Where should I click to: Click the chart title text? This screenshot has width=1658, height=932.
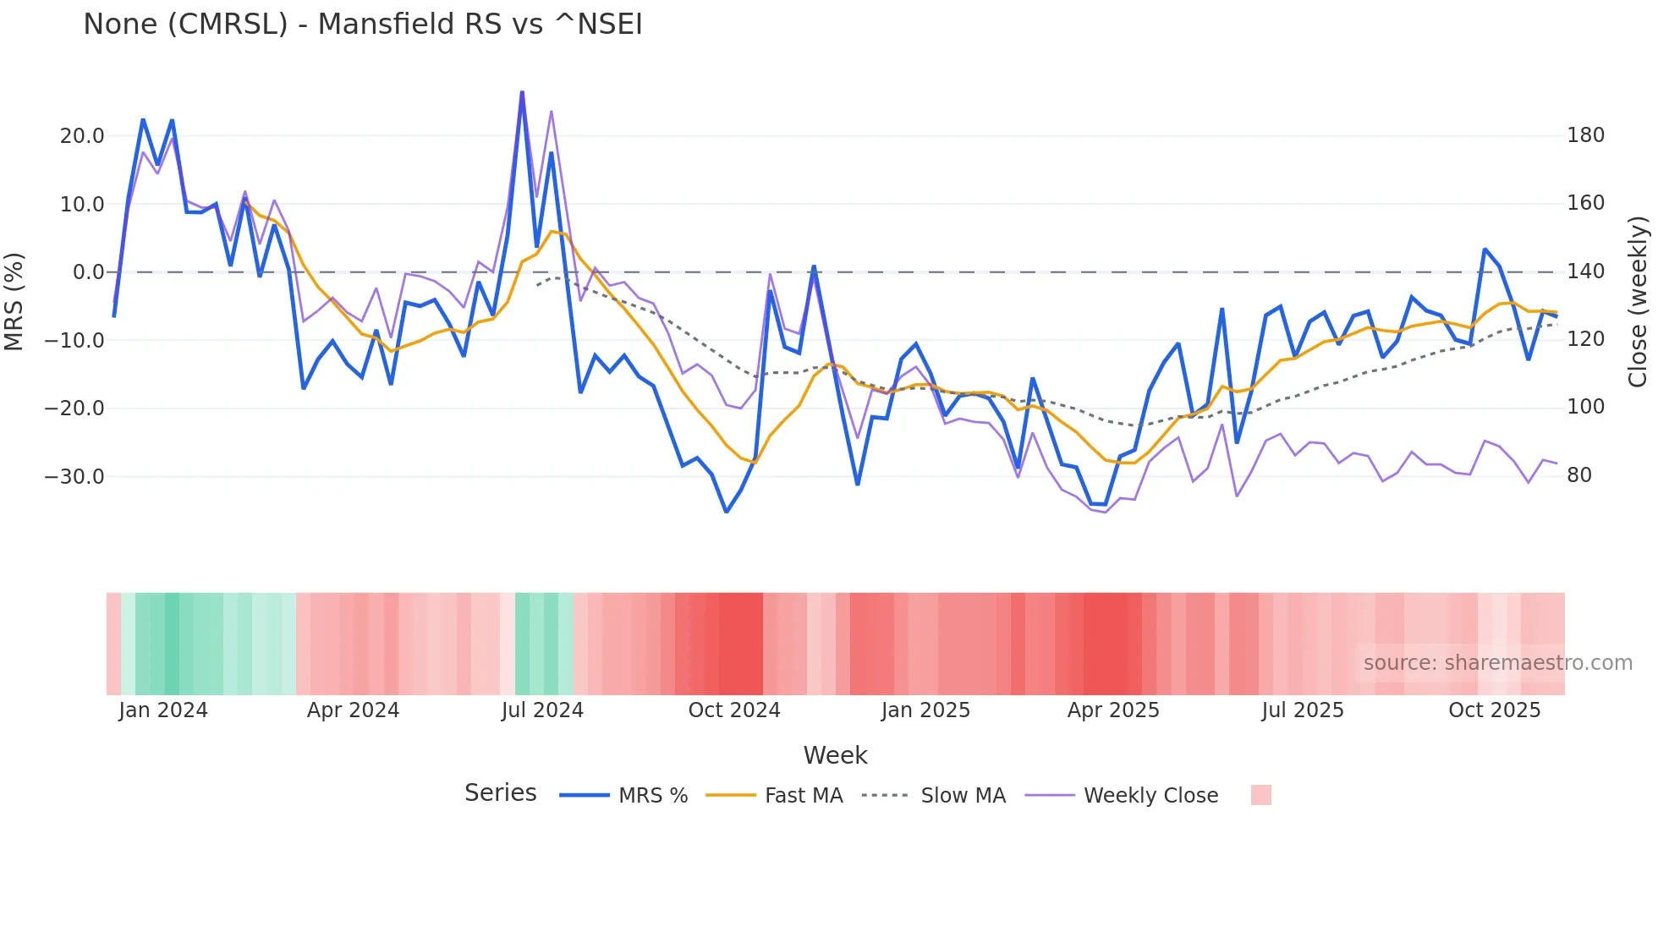363,25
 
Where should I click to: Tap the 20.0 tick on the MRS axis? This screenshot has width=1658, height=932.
82,136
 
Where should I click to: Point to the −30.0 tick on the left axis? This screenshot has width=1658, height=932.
74,477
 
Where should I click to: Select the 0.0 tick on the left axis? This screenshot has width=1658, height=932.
88,272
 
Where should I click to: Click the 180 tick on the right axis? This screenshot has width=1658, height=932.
1585,135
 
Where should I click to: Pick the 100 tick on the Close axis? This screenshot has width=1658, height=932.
1585,407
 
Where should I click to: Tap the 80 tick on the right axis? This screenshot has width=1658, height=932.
1579,475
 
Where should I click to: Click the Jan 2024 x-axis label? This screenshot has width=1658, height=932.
163,710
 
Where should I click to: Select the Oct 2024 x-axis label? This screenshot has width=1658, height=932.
734,710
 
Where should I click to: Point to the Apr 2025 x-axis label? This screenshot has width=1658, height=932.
1113,710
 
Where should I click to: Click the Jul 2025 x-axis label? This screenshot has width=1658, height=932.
1303,710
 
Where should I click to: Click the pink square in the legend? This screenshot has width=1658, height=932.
1261,795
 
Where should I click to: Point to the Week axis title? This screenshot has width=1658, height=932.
835,755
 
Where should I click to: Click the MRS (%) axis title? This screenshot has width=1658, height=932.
14,301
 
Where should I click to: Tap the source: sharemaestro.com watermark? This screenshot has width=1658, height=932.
1497,663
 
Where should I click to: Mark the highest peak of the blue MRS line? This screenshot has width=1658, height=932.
522,92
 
